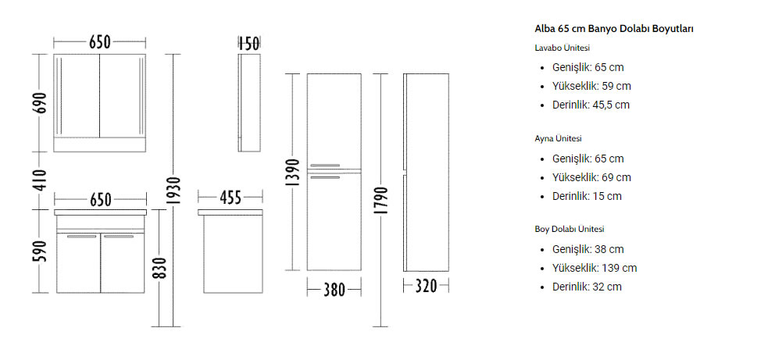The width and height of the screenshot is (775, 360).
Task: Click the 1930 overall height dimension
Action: point(173,190)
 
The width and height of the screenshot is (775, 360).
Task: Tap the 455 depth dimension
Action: point(230,198)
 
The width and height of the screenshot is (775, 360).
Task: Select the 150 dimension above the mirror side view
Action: point(249,44)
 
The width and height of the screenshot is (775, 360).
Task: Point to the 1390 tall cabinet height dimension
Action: point(293,173)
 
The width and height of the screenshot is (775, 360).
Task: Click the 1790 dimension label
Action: point(380,201)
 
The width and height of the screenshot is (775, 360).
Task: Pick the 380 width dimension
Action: point(334,290)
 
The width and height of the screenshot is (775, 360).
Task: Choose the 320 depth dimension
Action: point(426,286)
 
